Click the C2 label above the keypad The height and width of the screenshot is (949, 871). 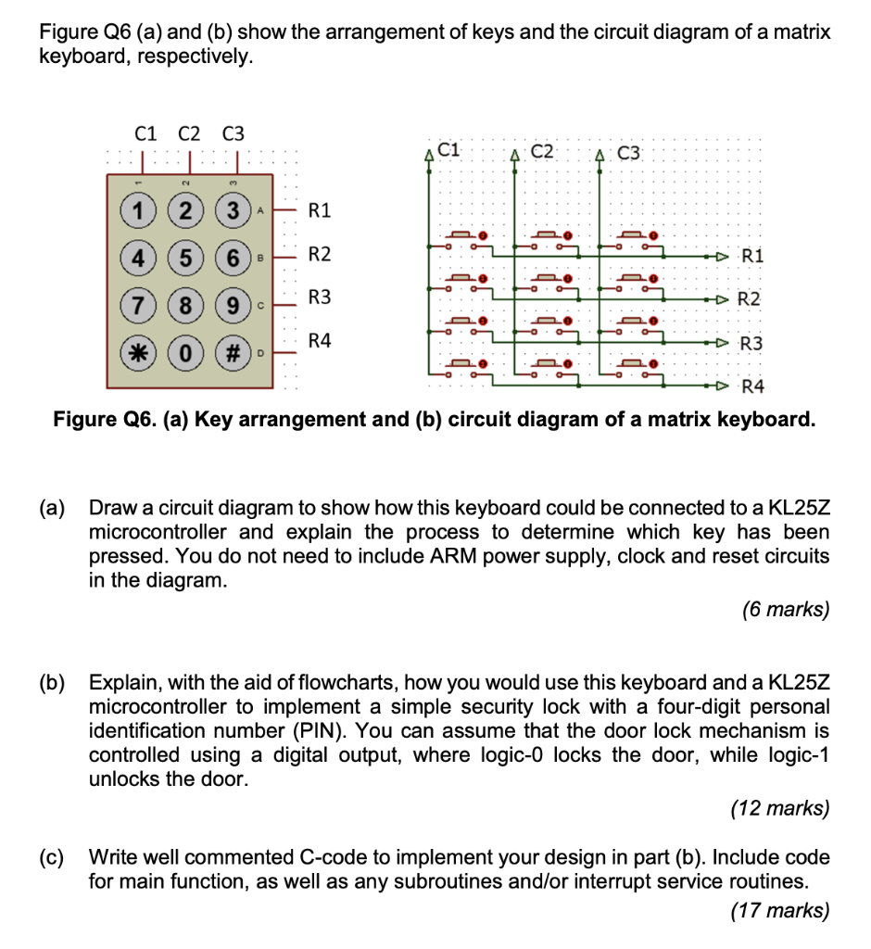pyautogui.click(x=189, y=133)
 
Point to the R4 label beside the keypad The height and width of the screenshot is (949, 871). pyautogui.click(x=319, y=342)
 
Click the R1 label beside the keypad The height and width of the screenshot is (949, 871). pyautogui.click(x=319, y=210)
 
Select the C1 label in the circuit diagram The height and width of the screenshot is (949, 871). pyautogui.click(x=449, y=148)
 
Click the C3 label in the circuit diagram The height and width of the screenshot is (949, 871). pyautogui.click(x=628, y=153)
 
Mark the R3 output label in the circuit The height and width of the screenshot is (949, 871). pyautogui.click(x=751, y=344)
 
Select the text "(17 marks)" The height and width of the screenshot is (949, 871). pyautogui.click(x=781, y=911)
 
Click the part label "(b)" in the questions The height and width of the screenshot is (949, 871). pyautogui.click(x=53, y=683)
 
